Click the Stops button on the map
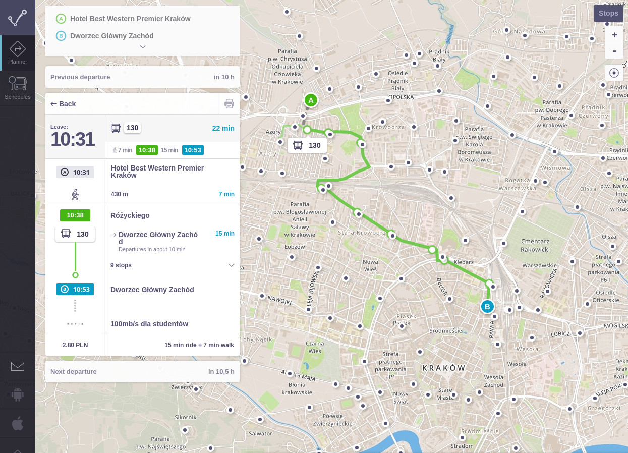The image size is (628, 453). (608, 13)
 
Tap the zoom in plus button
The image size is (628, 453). (614, 35)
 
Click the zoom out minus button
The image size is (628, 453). (614, 51)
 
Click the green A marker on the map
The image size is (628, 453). (311, 100)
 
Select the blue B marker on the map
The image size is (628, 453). (487, 306)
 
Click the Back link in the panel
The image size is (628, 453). (64, 104)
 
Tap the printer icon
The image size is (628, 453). (229, 104)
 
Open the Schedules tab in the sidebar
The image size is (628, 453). (18, 88)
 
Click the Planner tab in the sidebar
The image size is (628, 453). (18, 53)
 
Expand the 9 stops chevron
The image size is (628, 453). (232, 265)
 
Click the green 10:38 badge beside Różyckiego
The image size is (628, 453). (75, 215)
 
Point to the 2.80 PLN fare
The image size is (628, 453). (75, 345)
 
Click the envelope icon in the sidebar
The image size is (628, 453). (18, 366)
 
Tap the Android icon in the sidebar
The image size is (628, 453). (18, 394)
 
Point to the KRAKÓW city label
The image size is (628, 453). (444, 368)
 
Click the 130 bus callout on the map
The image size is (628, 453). (307, 145)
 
